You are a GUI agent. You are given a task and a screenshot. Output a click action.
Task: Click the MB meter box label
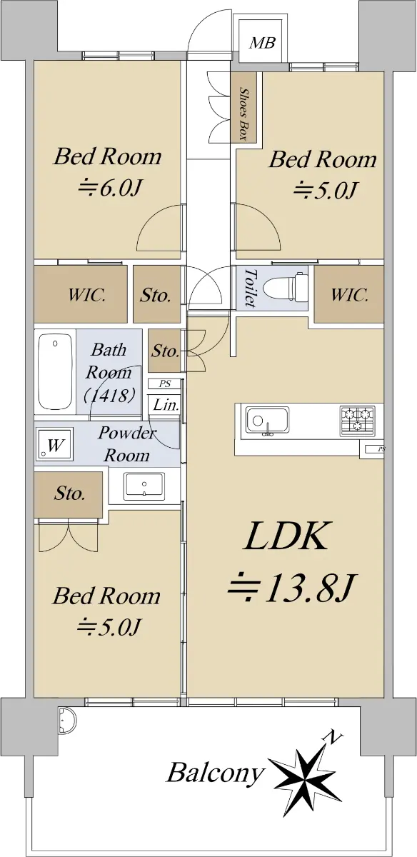tap(263, 42)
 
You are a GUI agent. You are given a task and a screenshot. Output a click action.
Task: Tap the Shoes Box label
tap(243, 114)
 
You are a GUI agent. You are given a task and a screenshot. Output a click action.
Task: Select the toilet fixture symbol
tap(286, 287)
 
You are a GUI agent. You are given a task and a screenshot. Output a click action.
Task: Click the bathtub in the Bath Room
tap(55, 371)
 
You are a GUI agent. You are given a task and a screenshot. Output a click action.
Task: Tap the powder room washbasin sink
tap(144, 486)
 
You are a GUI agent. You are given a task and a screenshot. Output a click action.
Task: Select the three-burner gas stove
tap(357, 421)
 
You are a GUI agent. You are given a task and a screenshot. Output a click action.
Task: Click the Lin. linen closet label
tap(166, 405)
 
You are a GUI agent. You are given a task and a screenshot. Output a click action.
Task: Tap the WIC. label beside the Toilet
tap(349, 295)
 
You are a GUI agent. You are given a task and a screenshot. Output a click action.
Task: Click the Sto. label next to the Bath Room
tap(165, 351)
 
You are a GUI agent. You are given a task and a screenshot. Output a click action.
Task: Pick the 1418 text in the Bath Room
tap(110, 395)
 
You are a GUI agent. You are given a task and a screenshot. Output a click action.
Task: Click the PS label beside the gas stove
tap(381, 449)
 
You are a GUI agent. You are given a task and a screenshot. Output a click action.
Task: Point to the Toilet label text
tap(250, 288)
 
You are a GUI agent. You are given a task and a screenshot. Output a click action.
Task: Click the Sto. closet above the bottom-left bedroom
tap(69, 495)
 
